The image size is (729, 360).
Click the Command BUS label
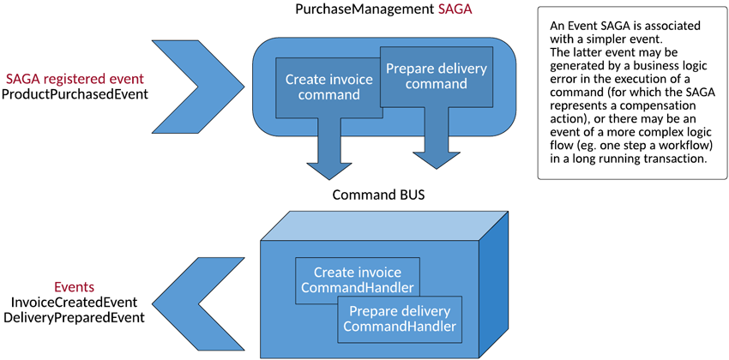(378, 195)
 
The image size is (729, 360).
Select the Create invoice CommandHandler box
(353, 280)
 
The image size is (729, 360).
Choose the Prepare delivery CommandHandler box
(400, 318)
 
